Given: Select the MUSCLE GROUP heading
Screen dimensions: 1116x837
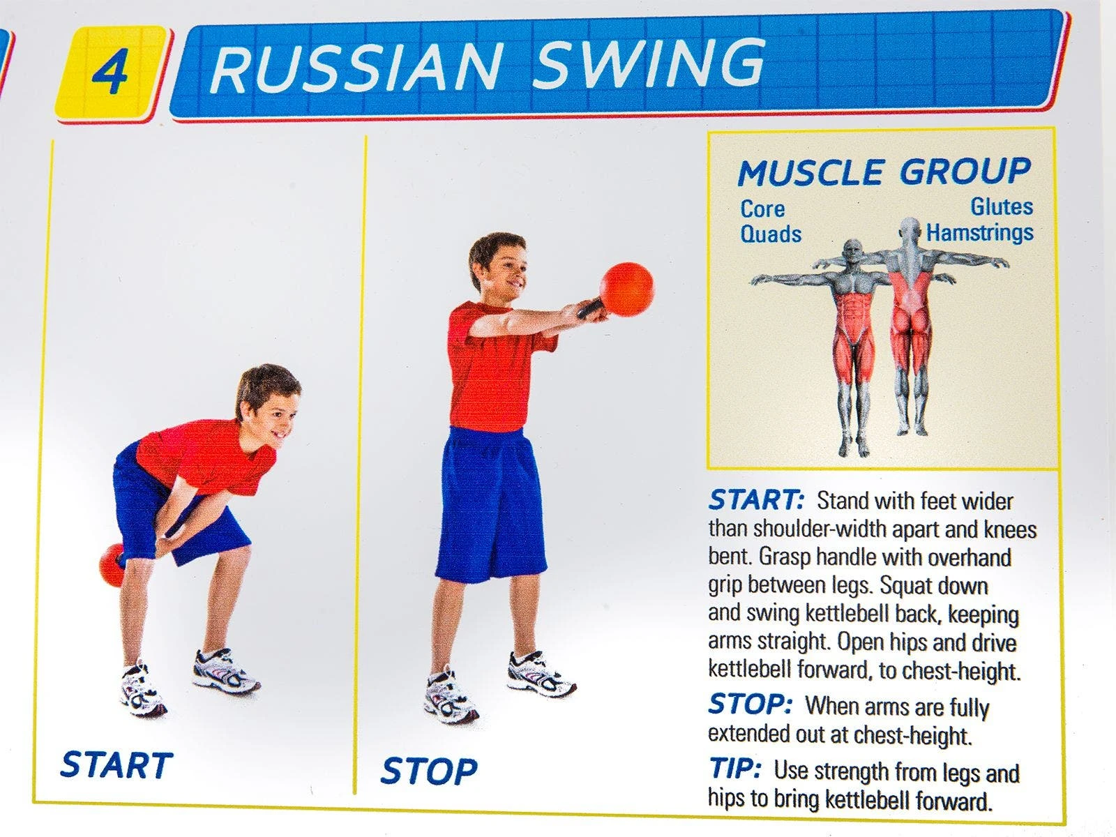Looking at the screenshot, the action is point(884,172).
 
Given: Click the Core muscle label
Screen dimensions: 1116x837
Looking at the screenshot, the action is point(762,209).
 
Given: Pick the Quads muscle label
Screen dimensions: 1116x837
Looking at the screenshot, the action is point(770,234).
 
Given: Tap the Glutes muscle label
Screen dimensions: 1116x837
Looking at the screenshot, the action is point(1002,206).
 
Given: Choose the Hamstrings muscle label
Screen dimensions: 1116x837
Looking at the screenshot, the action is point(979,233).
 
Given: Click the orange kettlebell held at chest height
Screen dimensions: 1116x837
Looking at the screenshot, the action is point(626,289).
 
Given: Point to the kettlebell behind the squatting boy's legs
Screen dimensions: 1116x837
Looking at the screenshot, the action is point(112,564).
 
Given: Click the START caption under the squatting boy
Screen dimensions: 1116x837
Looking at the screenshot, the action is point(116,765).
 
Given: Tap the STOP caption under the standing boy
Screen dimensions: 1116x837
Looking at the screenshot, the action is point(429,771).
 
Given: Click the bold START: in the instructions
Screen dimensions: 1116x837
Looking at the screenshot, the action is point(756,499).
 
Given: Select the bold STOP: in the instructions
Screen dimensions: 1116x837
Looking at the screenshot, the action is point(751,704).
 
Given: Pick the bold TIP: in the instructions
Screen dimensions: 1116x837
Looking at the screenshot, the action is point(734,768).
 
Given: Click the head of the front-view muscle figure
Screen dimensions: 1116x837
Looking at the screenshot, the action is point(852,252).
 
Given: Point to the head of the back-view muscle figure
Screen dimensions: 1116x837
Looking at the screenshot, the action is point(910,232).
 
